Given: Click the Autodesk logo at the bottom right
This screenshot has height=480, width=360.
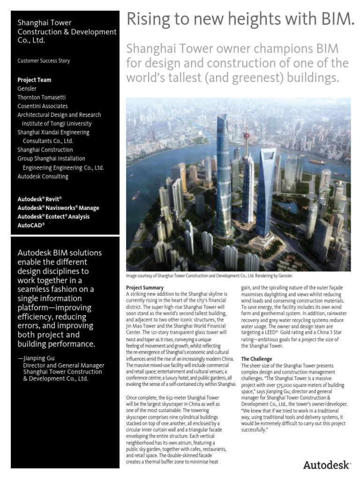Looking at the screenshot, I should click(x=326, y=465).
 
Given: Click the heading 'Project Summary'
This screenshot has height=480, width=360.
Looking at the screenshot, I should click(x=145, y=287).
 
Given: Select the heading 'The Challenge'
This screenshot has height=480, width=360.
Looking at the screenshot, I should click(x=256, y=359).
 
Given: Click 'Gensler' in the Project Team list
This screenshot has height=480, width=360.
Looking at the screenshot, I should click(x=27, y=89).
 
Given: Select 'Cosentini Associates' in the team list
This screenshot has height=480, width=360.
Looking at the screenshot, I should click(x=43, y=106).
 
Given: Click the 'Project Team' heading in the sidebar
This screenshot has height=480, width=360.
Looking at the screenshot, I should click(x=34, y=80).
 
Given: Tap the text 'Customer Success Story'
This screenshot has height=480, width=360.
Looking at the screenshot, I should click(x=44, y=61).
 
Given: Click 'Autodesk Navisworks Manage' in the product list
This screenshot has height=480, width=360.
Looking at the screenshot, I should click(x=58, y=208).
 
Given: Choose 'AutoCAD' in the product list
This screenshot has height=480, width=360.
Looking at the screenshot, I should click(x=31, y=225).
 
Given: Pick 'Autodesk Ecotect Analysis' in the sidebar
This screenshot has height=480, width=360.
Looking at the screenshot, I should click(x=53, y=217).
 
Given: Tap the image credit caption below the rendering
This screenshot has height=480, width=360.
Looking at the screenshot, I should click(x=210, y=277).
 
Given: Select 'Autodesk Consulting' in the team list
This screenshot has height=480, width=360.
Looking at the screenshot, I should click(x=43, y=177).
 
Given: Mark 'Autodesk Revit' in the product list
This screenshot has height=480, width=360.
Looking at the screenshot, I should click(x=39, y=199).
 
